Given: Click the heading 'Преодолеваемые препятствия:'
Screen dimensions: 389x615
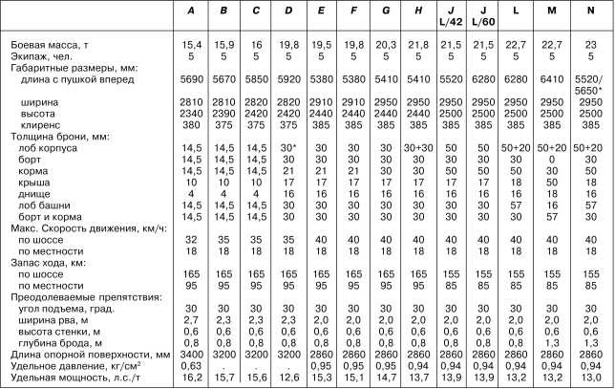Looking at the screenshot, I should [73, 296].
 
